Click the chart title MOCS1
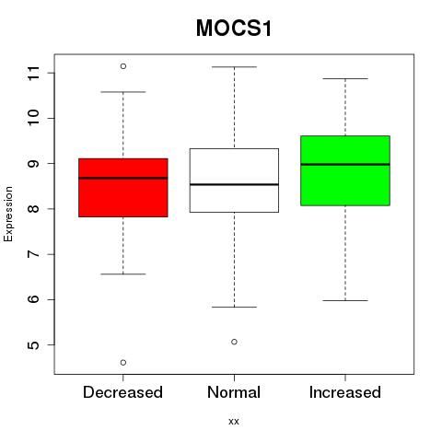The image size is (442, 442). pos(234,29)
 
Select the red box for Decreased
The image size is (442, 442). pos(123,188)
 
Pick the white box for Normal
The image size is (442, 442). pos(234,180)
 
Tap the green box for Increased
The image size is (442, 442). pos(345,170)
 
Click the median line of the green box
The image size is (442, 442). pos(345,165)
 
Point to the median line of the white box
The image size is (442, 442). pos(234,184)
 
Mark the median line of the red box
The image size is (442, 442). pos(123,178)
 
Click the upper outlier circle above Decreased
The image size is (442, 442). pos(123,66)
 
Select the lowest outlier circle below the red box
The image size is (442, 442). pos(123,363)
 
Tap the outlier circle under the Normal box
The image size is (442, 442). pos(234,342)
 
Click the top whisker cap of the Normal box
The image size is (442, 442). pos(234,66)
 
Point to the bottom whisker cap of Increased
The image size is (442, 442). pos(345,300)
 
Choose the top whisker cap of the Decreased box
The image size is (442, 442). pos(123,92)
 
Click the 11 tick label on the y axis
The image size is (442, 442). pos(34,73)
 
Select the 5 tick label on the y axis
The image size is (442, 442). pos(34,345)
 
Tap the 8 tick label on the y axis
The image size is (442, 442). pos(34,209)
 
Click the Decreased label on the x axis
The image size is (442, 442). pos(122,392)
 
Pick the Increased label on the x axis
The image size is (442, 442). pos(345,392)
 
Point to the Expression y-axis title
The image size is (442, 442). pos(8,214)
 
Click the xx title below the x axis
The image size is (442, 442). pos(234,422)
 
